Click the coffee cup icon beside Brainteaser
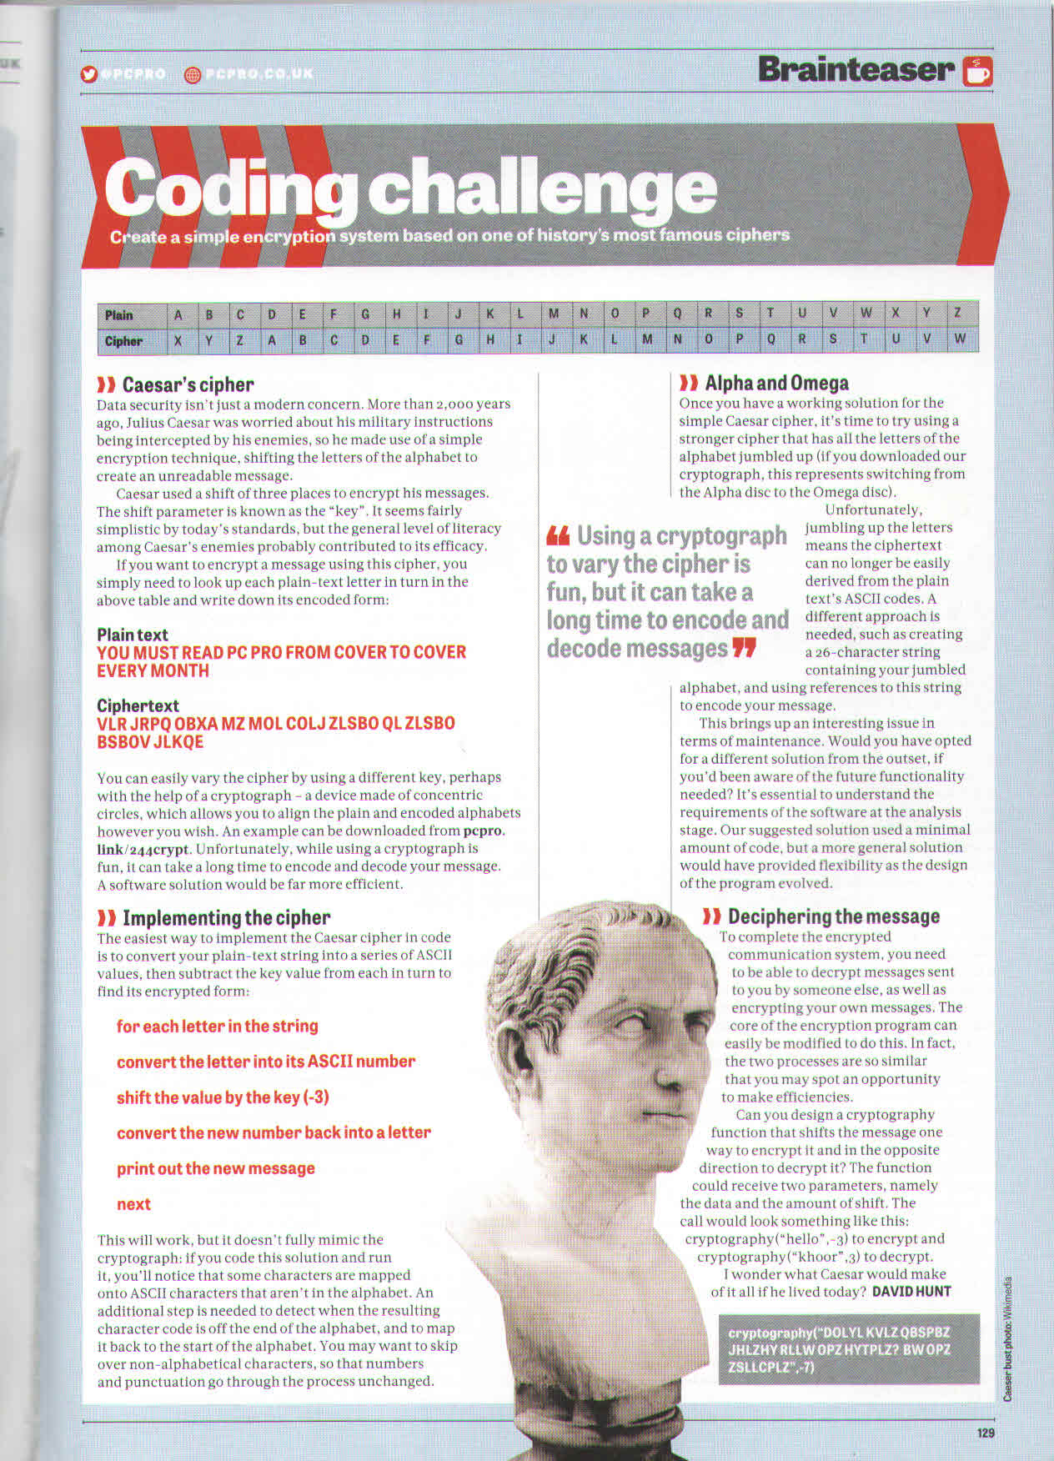[x=977, y=71]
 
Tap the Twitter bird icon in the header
[x=89, y=74]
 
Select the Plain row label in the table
[x=119, y=315]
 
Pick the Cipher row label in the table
[x=123, y=341]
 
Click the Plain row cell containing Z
[x=958, y=314]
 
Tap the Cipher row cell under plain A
[x=178, y=341]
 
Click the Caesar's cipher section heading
[x=188, y=384]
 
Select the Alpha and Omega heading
[x=775, y=383]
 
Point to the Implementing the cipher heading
[x=225, y=918]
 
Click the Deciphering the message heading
[x=833, y=916]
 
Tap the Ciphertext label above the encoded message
[x=138, y=705]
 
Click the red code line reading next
[x=133, y=1204]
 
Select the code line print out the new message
[x=215, y=1168]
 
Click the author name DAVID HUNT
[x=911, y=1292]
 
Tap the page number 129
[x=986, y=1433]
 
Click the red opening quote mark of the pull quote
[x=558, y=535]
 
